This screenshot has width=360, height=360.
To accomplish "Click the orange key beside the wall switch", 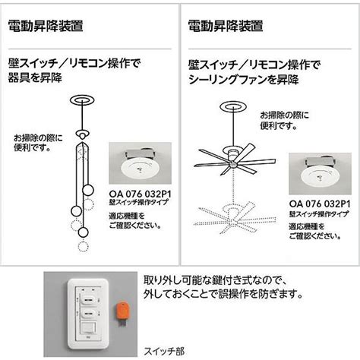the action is tap(122, 314).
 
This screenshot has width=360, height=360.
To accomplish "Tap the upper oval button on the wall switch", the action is tap(89, 300).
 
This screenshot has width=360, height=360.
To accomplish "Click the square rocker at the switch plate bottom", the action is tap(88, 329).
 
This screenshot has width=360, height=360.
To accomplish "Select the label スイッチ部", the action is tap(164, 351).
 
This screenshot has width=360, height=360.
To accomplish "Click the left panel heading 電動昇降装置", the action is tap(46, 26).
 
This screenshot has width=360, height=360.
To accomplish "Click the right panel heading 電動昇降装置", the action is tap(226, 26).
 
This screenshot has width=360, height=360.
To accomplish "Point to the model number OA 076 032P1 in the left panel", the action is tap(140, 194).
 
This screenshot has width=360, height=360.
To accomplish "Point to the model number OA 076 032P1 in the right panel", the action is tap(320, 204).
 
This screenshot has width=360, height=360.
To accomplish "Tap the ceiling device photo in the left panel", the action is tap(140, 163).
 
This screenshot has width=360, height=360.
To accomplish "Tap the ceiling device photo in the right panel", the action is tap(320, 173).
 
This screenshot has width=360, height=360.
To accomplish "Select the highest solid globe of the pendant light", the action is tap(88, 190).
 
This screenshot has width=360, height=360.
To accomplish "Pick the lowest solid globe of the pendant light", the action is tap(83, 232).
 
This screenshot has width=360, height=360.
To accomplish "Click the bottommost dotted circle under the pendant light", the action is tap(83, 246).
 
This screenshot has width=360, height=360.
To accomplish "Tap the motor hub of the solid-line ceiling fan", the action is tap(232, 156).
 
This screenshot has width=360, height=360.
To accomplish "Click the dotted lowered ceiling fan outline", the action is tap(235, 217).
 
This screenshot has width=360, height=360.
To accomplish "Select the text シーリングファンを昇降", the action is tap(244, 80).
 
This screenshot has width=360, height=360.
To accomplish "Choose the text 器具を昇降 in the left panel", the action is tap(35, 77).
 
